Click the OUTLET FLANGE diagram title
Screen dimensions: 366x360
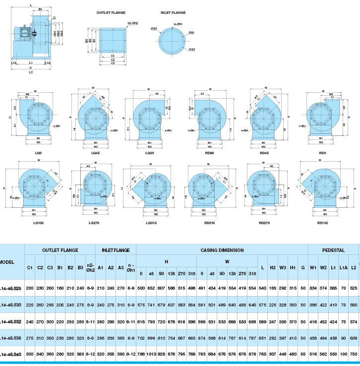click(111, 12)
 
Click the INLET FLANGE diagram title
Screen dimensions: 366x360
click(173, 12)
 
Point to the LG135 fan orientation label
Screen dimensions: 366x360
click(39, 223)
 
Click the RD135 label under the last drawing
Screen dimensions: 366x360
click(323, 223)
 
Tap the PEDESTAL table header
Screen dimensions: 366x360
click(333, 250)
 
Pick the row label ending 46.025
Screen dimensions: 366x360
click(11, 288)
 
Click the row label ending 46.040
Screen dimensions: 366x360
click(11, 355)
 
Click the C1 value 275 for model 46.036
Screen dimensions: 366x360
click(30, 338)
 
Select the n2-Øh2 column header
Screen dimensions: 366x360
click(91, 268)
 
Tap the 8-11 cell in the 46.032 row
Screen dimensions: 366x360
click(91, 321)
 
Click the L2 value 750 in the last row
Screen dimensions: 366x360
click(354, 355)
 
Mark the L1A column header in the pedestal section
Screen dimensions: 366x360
click(343, 268)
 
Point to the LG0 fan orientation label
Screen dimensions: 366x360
click(38, 153)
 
